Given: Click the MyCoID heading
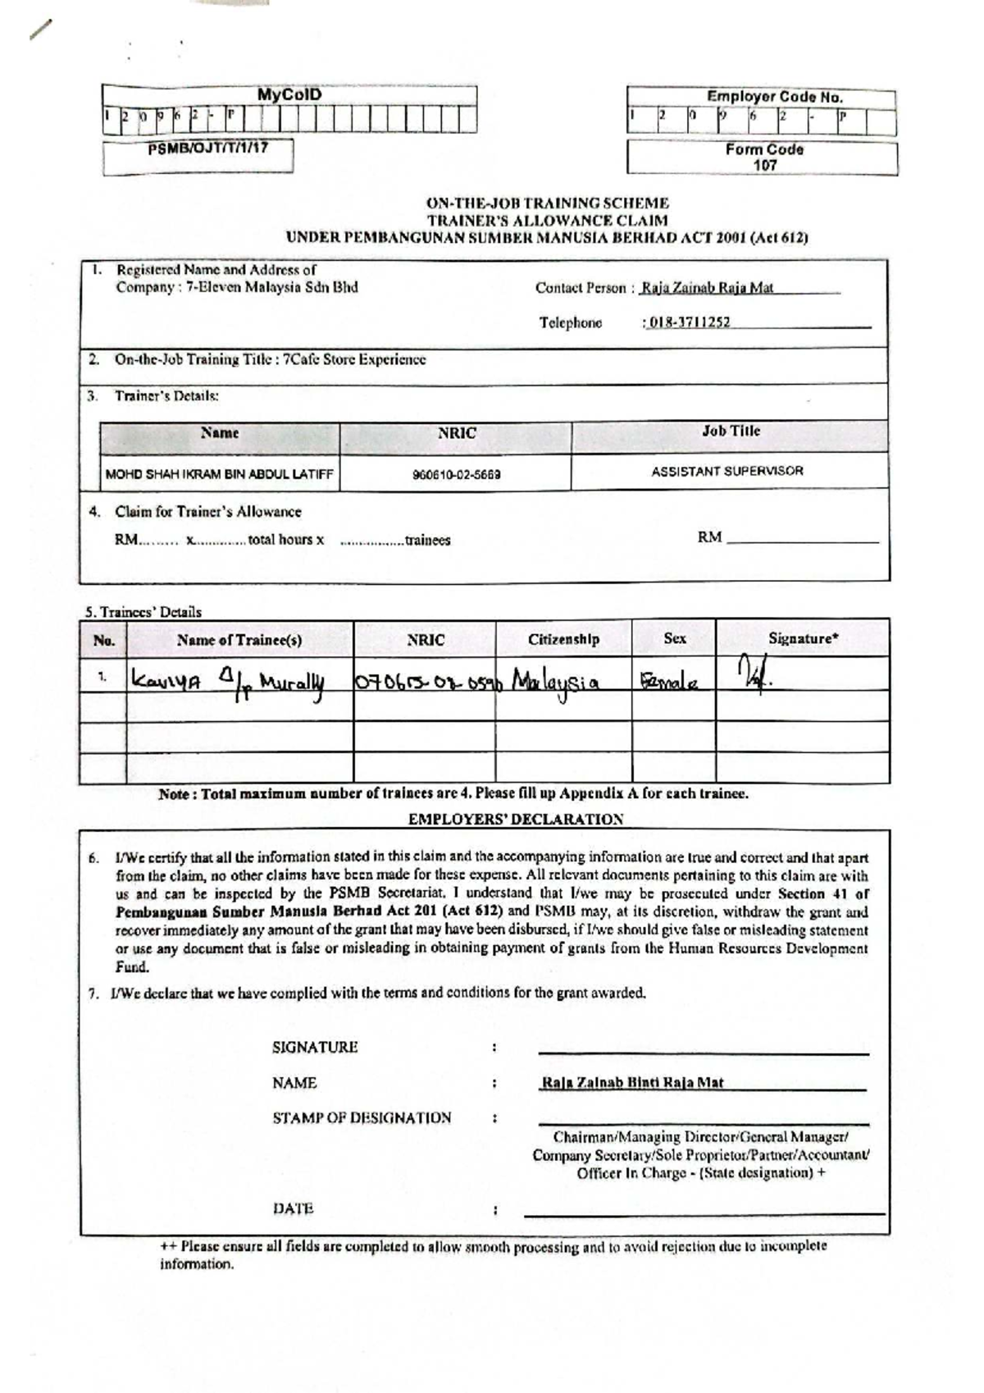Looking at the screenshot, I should (289, 94).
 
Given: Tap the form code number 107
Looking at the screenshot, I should (764, 165).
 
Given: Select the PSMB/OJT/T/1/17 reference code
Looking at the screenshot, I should (207, 148).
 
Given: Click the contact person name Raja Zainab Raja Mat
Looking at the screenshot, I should (707, 288).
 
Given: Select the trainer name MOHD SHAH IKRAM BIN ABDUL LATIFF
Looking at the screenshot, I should (220, 474).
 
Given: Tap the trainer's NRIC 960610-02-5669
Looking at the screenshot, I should (457, 474).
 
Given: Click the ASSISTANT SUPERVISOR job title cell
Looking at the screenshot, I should (727, 471).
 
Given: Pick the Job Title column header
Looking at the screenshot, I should (731, 431).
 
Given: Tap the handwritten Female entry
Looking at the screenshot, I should (669, 681).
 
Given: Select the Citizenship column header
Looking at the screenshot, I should (563, 639).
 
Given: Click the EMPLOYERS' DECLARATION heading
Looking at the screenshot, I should (516, 819).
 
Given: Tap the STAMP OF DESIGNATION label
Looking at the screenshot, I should (362, 1117).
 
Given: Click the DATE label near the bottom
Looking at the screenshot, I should (293, 1208).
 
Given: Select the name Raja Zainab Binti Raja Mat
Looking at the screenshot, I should (632, 1083).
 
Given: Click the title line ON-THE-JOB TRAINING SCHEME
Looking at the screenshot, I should (547, 203).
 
